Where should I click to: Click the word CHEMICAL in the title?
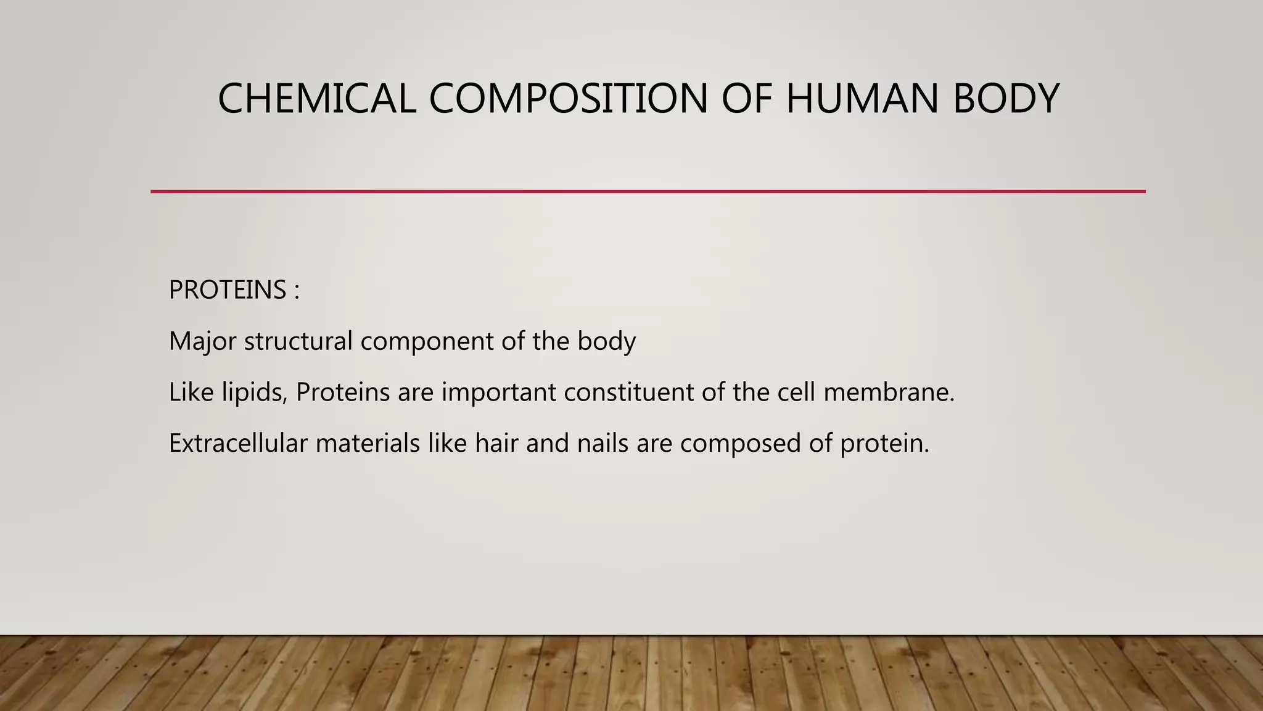tap(316, 99)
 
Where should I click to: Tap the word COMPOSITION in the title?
tap(567, 99)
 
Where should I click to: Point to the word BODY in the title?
tap(1006, 99)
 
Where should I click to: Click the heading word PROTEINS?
tap(228, 290)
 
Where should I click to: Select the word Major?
tap(202, 341)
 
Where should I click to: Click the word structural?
tap(298, 341)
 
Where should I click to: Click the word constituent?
tap(628, 393)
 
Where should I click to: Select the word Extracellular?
tap(238, 443)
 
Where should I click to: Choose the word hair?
tap(496, 443)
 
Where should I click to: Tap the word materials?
tap(368, 443)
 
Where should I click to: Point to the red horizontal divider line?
tap(648, 192)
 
